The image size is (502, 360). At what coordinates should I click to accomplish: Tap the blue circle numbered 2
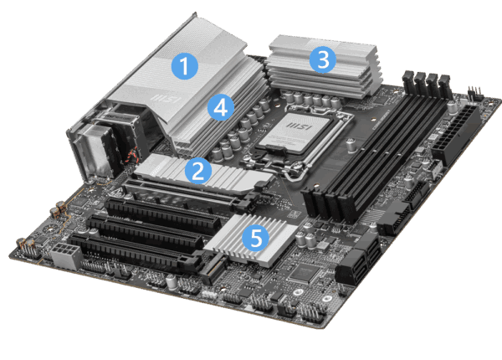(x=197, y=172)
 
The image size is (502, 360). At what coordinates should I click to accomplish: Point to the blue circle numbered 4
(x=219, y=108)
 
